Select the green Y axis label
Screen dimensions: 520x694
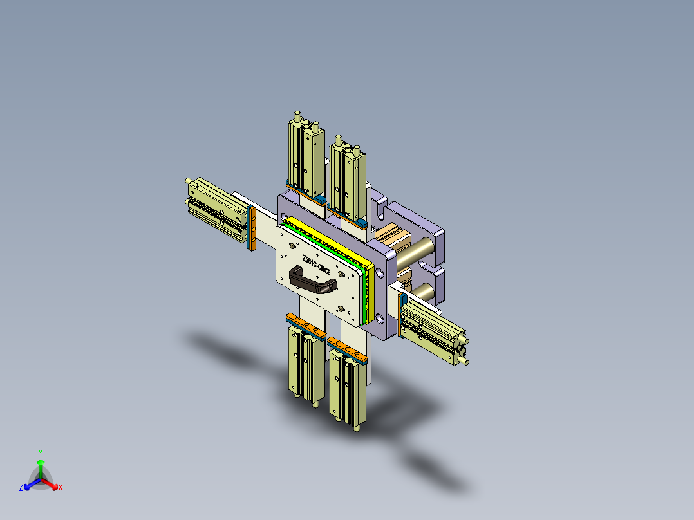point(40,452)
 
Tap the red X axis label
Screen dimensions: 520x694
point(61,488)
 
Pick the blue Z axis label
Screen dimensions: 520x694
point(21,488)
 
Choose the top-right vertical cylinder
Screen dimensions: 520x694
point(347,180)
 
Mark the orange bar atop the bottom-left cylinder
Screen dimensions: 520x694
point(306,326)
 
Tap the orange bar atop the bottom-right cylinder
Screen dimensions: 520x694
point(347,348)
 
